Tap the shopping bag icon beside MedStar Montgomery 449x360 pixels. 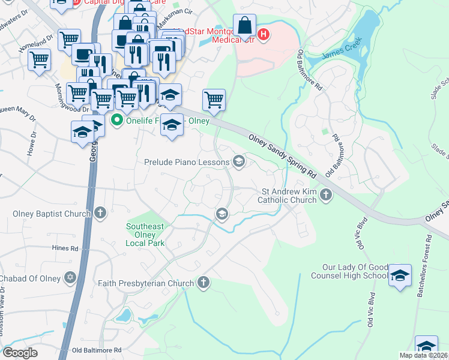click(244, 27)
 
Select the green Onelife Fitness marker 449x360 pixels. click(116, 120)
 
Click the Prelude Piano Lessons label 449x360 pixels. click(187, 162)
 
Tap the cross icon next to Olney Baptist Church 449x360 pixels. click(100, 212)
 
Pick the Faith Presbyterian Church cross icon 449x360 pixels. click(204, 282)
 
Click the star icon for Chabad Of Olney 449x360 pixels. click(71, 277)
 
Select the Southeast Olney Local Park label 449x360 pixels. click(145, 235)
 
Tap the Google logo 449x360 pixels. click(20, 352)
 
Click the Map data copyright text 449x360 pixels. click(423, 355)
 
